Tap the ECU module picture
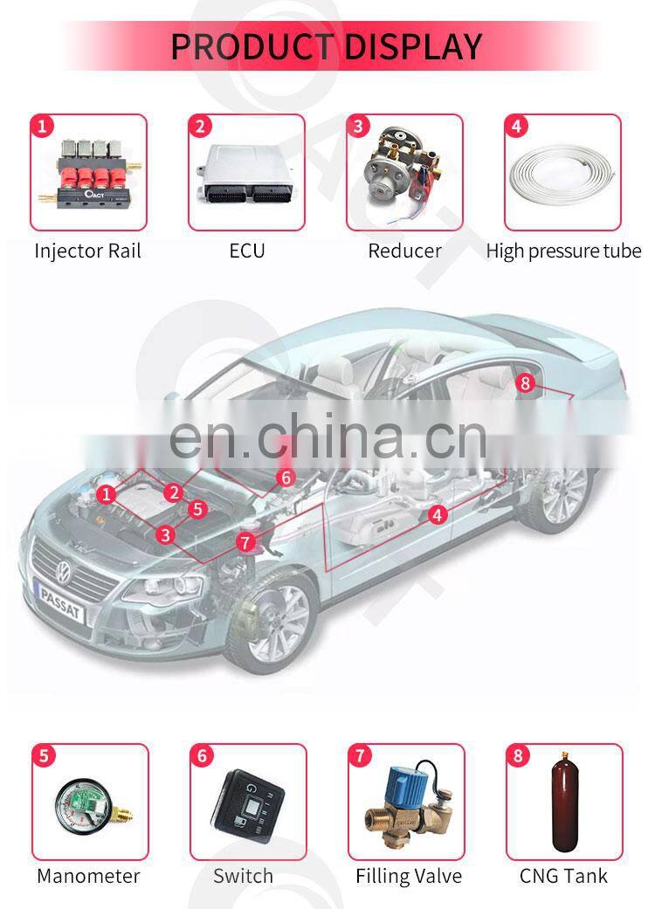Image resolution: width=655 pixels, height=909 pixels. click(x=245, y=173)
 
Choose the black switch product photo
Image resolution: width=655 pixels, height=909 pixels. click(x=249, y=802)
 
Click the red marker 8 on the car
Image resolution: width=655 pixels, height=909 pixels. click(x=525, y=382)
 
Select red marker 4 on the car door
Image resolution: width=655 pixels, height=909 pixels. click(x=438, y=514)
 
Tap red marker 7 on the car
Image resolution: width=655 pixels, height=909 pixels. click(x=245, y=542)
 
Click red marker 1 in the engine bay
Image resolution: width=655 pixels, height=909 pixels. click(x=106, y=494)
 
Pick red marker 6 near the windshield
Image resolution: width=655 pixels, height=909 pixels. click(x=286, y=478)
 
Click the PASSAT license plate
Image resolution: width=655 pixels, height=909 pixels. click(x=59, y=603)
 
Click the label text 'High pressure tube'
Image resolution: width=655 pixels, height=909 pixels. click(x=563, y=251)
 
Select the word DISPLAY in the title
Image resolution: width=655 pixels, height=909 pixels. click(x=412, y=46)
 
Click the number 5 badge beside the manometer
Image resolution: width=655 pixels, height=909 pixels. click(x=44, y=756)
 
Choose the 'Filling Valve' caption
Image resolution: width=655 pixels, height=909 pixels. click(x=409, y=876)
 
